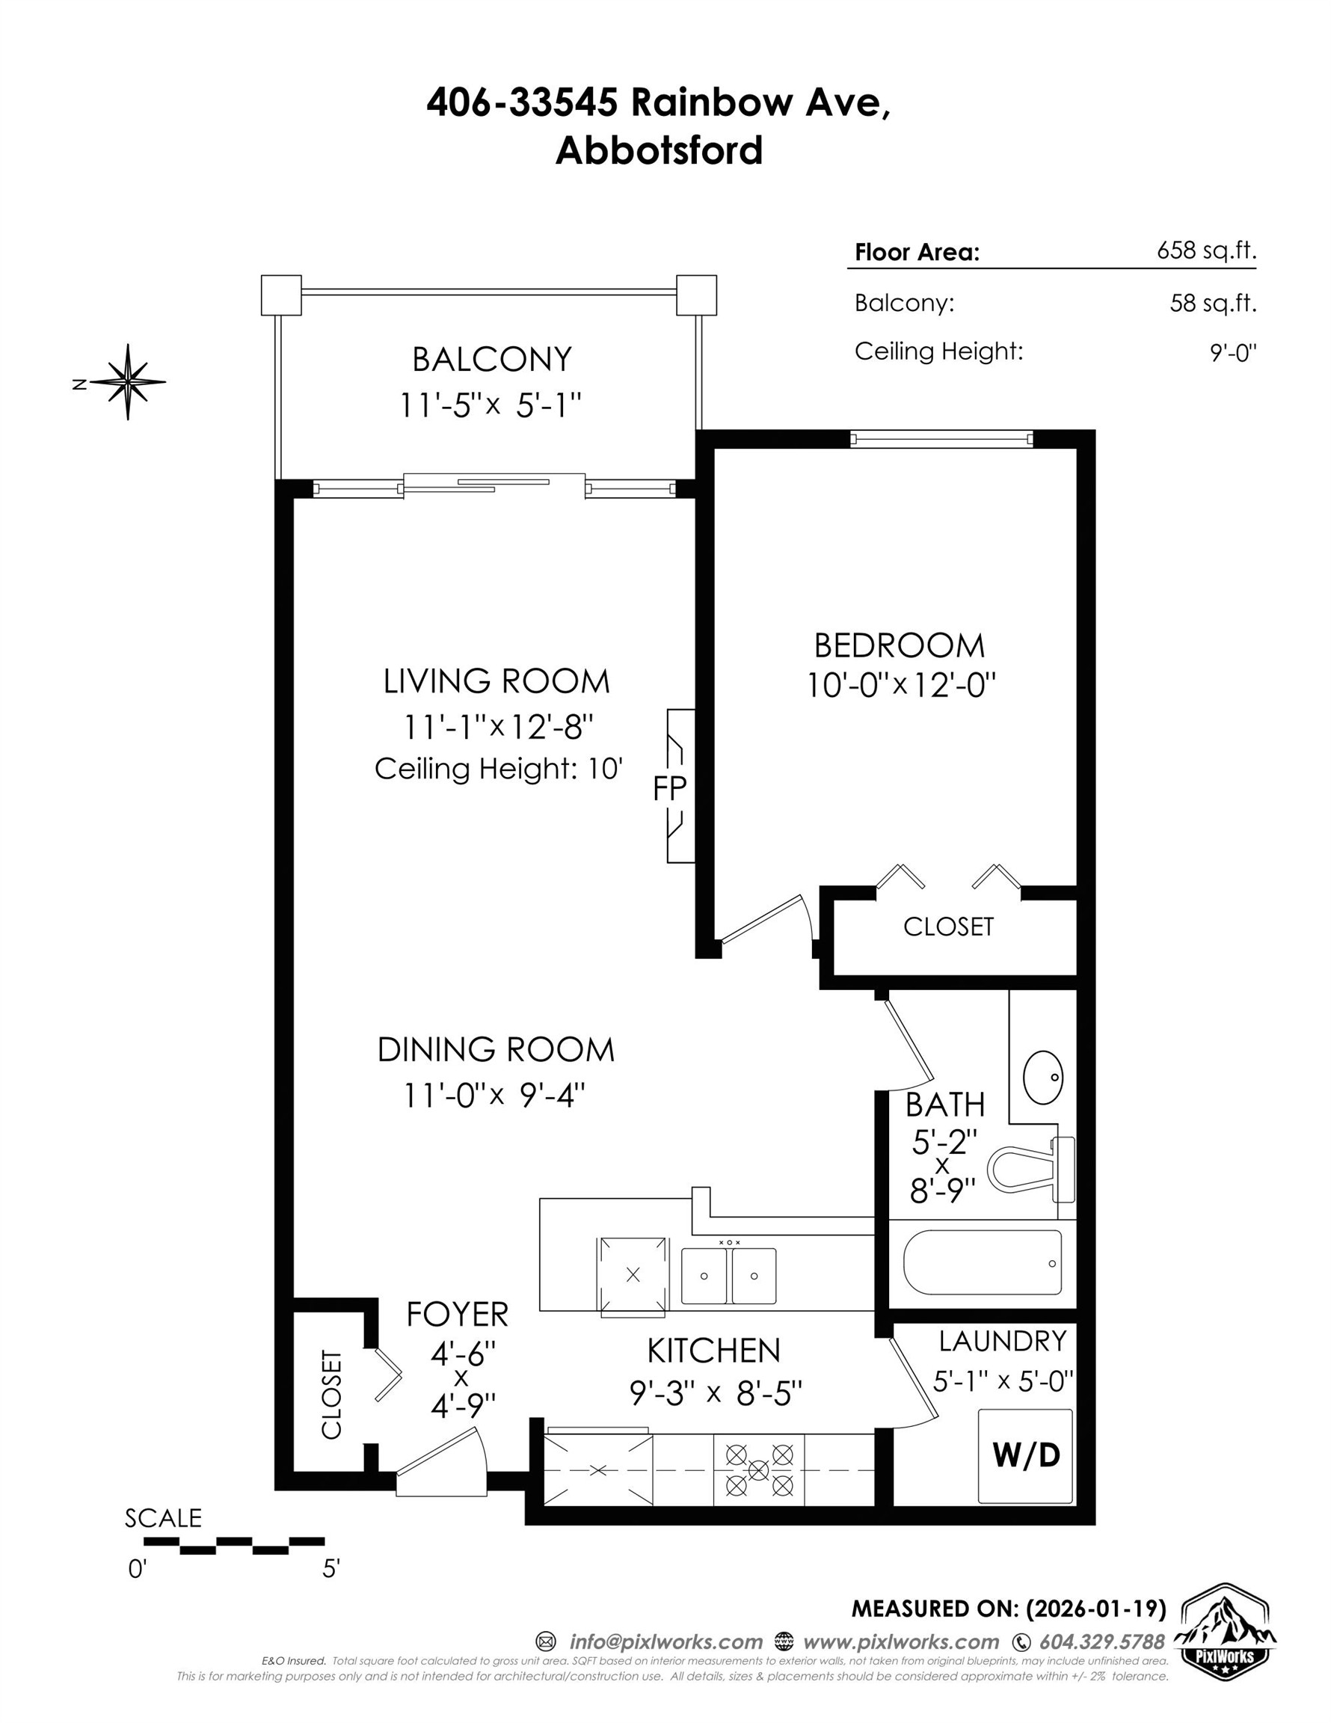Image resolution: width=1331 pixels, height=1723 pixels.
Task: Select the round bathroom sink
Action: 1043,1077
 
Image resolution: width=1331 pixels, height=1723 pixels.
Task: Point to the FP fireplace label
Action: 670,788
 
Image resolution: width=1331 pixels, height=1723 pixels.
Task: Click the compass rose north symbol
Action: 128,382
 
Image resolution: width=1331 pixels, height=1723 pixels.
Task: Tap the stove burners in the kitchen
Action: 758,1469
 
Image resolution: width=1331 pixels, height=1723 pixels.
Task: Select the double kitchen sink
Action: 728,1276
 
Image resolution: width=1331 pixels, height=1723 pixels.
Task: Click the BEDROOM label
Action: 900,646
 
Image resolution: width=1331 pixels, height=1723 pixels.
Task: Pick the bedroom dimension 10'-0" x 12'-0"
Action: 901,686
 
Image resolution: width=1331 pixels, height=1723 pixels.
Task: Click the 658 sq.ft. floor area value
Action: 1205,251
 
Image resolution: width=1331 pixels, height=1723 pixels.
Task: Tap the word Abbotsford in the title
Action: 659,150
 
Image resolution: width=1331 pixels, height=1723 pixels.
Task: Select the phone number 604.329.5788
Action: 1101,1642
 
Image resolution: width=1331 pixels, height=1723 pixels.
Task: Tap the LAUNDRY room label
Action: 1002,1341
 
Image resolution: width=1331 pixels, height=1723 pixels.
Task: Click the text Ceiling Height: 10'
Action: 499,769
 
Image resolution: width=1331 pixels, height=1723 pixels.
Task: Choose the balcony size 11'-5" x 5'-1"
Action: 491,405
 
